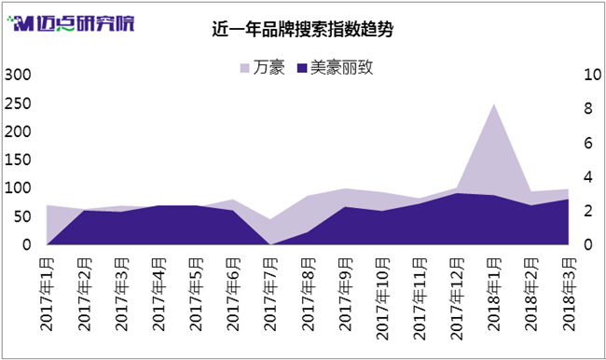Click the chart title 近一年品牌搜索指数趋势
[303, 30]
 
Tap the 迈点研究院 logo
[71, 23]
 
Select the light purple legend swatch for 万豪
[244, 68]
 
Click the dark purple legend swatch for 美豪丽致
[302, 68]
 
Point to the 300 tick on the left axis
[18, 75]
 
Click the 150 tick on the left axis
[18, 159]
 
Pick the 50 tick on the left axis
[22, 216]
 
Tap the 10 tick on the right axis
[592, 75]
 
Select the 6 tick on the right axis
[588, 143]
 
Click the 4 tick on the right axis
[588, 177]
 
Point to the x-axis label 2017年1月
[47, 295]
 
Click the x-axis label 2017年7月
[270, 295]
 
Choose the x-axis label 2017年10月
[382, 298]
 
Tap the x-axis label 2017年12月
[457, 298]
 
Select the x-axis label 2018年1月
[494, 295]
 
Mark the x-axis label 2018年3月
[569, 295]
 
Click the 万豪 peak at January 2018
[494, 104]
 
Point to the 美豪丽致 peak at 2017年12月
[457, 193]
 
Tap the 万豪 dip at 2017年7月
[270, 219]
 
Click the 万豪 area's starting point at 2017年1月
[47, 205]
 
